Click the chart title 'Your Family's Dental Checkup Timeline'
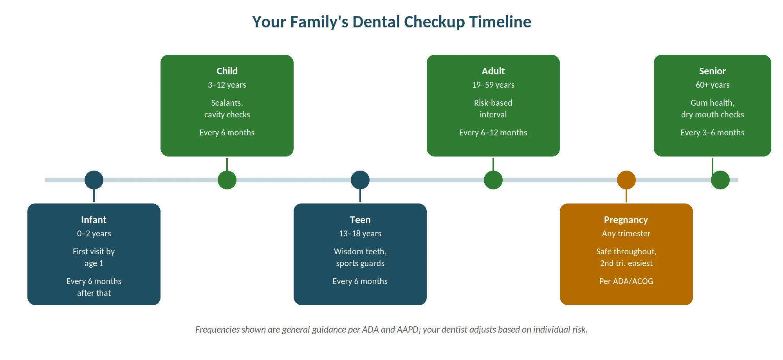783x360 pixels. pyautogui.click(x=391, y=22)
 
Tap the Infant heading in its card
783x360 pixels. pyautogui.click(x=94, y=220)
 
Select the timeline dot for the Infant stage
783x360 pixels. pyautogui.click(x=94, y=180)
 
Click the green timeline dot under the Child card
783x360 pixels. pyautogui.click(x=227, y=180)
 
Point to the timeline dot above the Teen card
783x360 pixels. pyautogui.click(x=360, y=180)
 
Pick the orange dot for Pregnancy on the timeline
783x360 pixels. pyautogui.click(x=626, y=180)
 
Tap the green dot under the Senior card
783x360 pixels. pyautogui.click(x=720, y=180)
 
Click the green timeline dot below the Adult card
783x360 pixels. pyautogui.click(x=493, y=180)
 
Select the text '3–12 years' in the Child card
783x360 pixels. pyautogui.click(x=227, y=85)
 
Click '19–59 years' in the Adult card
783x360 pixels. pyautogui.click(x=493, y=85)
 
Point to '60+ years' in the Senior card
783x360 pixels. pyautogui.click(x=713, y=85)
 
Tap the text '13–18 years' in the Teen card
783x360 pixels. pyautogui.click(x=360, y=234)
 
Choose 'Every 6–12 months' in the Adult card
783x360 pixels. pyautogui.click(x=493, y=133)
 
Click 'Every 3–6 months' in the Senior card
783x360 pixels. pyautogui.click(x=713, y=133)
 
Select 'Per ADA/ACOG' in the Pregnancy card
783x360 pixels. pyautogui.click(x=626, y=281)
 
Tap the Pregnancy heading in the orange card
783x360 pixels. pyautogui.click(x=626, y=220)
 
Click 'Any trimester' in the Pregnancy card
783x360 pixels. pyautogui.click(x=626, y=234)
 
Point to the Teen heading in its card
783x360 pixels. pyautogui.click(x=360, y=220)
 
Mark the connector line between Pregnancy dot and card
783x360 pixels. pyautogui.click(x=626, y=196)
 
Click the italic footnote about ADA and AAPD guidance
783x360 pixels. pyautogui.click(x=391, y=329)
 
